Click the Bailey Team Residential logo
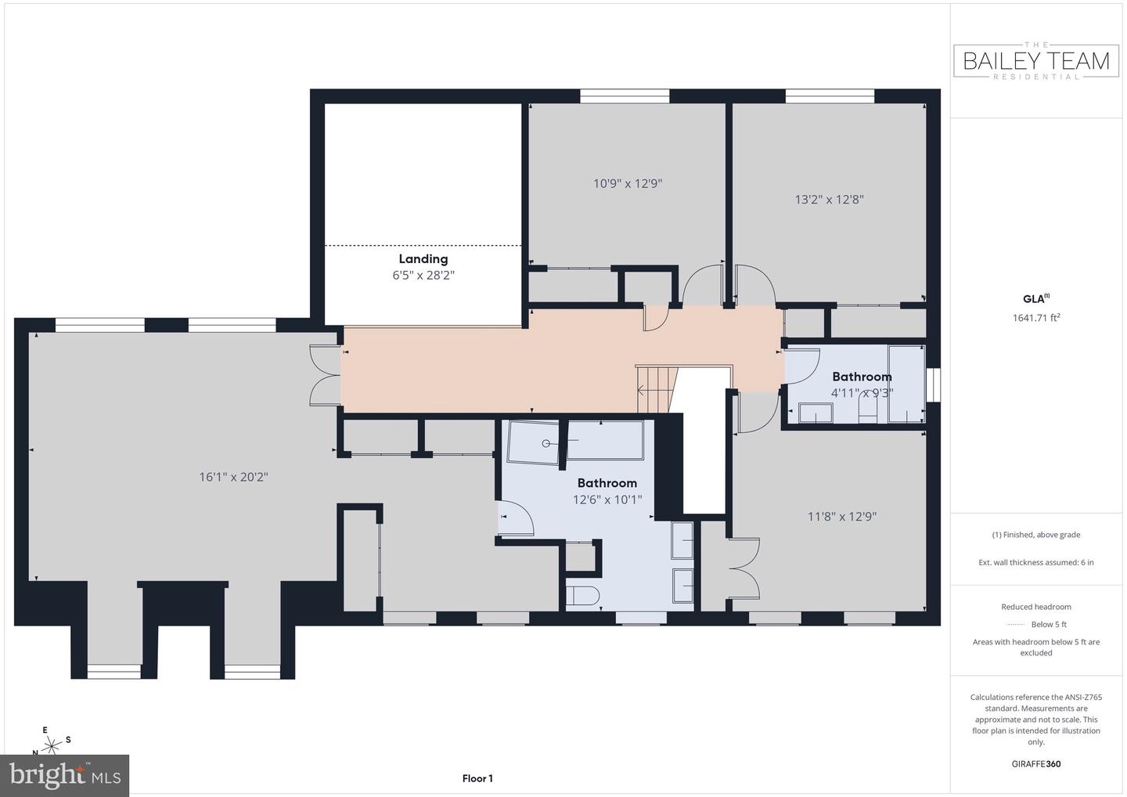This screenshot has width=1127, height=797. (x=1035, y=60)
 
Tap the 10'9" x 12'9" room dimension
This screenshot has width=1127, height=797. (x=628, y=183)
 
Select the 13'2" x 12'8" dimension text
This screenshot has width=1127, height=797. (x=829, y=199)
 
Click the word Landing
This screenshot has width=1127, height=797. (x=423, y=258)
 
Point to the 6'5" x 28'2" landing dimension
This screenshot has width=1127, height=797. (x=423, y=276)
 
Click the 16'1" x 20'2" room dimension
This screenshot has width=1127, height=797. (x=233, y=476)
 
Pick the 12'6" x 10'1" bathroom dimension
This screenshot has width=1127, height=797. (x=607, y=499)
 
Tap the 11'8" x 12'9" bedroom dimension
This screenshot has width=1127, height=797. (x=841, y=516)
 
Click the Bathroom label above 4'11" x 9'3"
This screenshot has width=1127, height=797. (x=862, y=377)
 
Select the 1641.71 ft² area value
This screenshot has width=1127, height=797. (x=1035, y=318)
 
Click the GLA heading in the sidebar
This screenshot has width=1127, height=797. (x=1035, y=298)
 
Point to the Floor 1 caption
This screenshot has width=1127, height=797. (x=477, y=778)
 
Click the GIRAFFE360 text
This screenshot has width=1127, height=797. (x=1035, y=763)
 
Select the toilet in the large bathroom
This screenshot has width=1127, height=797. (x=582, y=596)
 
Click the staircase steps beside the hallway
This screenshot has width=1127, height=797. (x=654, y=388)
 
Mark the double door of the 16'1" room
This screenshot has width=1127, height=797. (x=325, y=376)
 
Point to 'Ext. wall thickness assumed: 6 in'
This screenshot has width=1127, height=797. (x=1035, y=562)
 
